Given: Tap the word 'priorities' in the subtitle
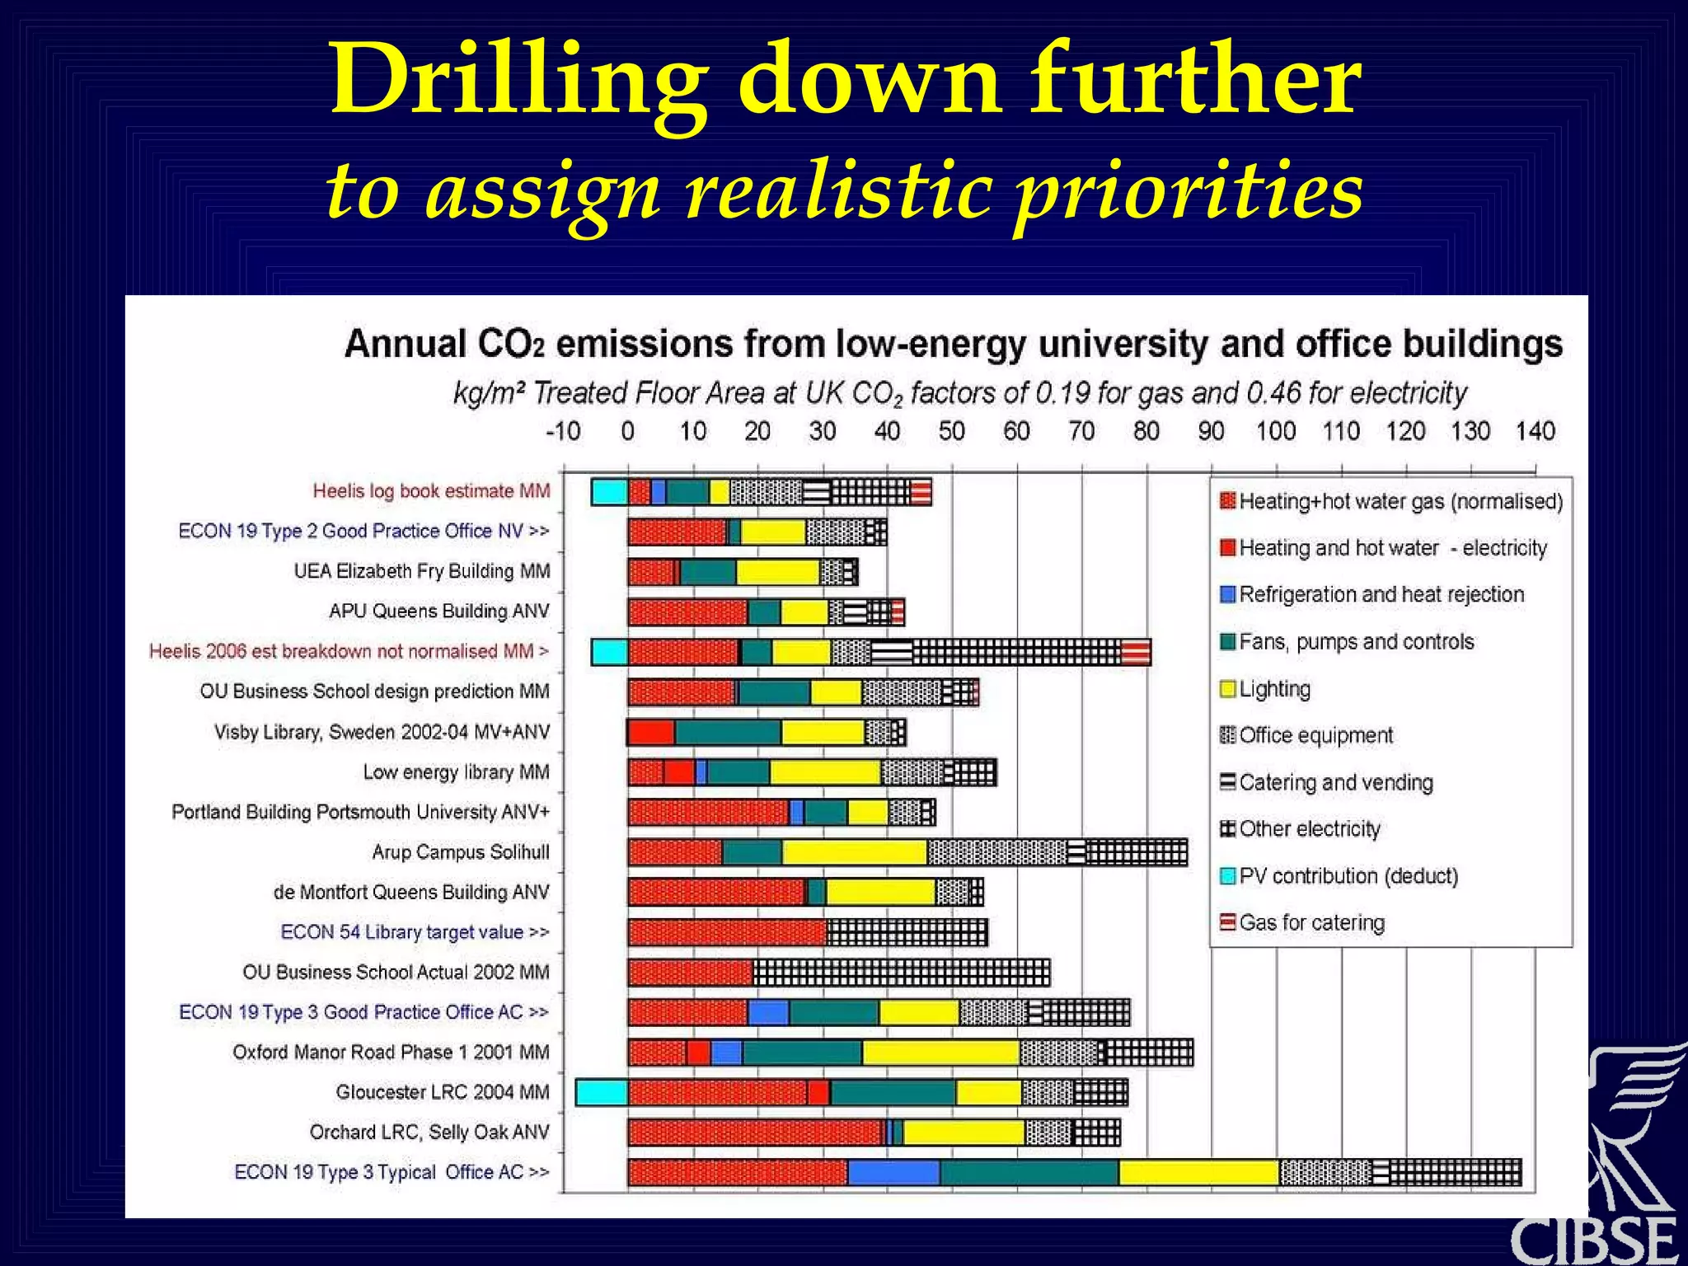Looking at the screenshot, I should [x=1187, y=191].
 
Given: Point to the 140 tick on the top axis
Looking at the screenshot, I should [x=1535, y=431].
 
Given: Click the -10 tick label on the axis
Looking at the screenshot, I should [x=563, y=431].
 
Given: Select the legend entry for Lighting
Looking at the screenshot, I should [x=1273, y=689].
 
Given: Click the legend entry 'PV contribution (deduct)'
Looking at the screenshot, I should [x=1348, y=876].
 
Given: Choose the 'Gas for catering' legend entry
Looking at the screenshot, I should [x=1311, y=923].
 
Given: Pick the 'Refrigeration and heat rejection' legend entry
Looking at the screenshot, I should [x=1381, y=595].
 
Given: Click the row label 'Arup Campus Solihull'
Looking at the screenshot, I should [x=460, y=852].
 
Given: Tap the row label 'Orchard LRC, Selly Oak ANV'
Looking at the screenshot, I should [x=429, y=1132].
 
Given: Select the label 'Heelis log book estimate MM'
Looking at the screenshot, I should [x=430, y=491].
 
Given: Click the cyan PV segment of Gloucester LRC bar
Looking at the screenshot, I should [x=602, y=1093].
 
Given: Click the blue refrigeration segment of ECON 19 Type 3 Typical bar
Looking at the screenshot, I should [x=893, y=1172].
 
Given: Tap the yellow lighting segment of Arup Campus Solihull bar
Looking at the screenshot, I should [x=854, y=852].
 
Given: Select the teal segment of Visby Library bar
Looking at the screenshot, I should [x=728, y=732].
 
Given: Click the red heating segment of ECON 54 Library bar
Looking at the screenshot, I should [x=726, y=932].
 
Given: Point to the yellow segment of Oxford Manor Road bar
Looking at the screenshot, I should [x=940, y=1053].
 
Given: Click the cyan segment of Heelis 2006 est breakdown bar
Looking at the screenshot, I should [x=610, y=652].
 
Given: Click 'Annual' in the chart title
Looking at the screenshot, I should [x=405, y=345].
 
